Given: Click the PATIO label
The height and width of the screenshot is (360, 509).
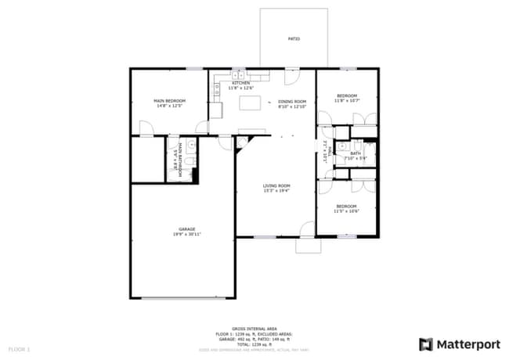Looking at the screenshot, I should click(x=294, y=38).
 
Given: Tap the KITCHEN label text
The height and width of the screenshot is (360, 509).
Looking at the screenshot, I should click(x=240, y=83).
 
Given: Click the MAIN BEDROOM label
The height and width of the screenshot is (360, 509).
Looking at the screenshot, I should click(x=169, y=101).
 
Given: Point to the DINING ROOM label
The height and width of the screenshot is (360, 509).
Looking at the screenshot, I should click(x=292, y=101).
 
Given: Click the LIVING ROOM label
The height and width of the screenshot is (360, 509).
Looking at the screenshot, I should click(x=276, y=185).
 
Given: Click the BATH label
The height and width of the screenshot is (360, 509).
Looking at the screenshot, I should click(x=356, y=154).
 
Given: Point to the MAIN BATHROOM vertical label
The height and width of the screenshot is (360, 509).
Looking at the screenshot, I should click(x=180, y=160).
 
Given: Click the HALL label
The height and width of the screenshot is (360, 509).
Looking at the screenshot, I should click(x=331, y=153).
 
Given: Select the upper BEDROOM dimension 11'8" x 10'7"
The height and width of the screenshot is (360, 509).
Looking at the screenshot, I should click(x=346, y=101).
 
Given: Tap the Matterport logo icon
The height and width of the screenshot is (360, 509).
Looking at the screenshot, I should click(x=426, y=344).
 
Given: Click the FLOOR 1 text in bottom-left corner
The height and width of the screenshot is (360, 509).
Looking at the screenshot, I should click(x=19, y=347).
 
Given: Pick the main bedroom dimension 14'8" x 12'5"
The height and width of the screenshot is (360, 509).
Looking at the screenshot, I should click(x=169, y=106).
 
